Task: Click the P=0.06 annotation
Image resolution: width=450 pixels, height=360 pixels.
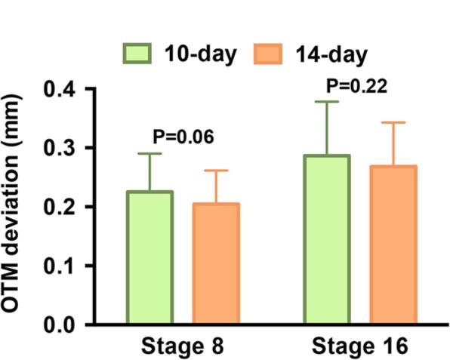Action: click(x=183, y=137)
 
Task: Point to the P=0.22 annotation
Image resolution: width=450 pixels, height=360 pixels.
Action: click(x=356, y=85)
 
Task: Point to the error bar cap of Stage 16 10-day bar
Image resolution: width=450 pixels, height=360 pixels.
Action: click(x=327, y=101)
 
